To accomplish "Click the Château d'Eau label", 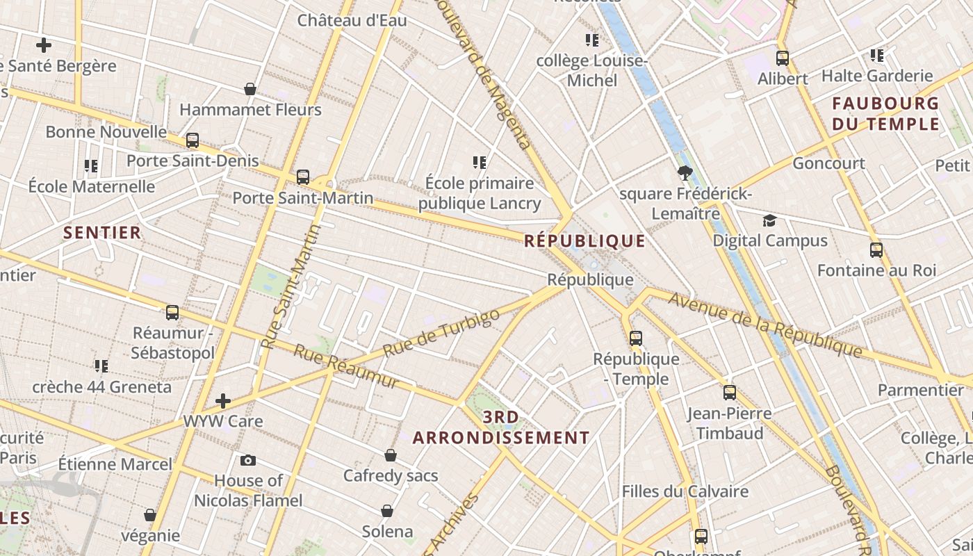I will click(352, 20).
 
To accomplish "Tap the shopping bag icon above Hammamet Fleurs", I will click(250, 89).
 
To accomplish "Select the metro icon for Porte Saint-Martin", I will click(302, 177).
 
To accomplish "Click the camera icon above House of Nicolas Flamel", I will click(247, 460).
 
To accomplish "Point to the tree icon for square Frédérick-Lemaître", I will click(685, 172).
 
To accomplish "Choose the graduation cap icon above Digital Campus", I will click(769, 220).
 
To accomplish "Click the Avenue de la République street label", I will click(764, 324).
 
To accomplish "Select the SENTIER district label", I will click(102, 232).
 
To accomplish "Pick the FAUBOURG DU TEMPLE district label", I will click(885, 114).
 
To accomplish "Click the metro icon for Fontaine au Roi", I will click(876, 250).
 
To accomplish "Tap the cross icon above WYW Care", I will click(223, 400).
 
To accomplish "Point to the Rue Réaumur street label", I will click(345, 366).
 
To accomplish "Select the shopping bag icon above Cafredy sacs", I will click(391, 455).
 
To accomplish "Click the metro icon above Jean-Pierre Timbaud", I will click(729, 393).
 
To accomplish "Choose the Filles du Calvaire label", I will click(685, 491).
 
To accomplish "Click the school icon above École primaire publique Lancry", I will click(479, 163).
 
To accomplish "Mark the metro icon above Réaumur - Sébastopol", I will click(172, 313).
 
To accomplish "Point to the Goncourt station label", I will click(828, 163).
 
